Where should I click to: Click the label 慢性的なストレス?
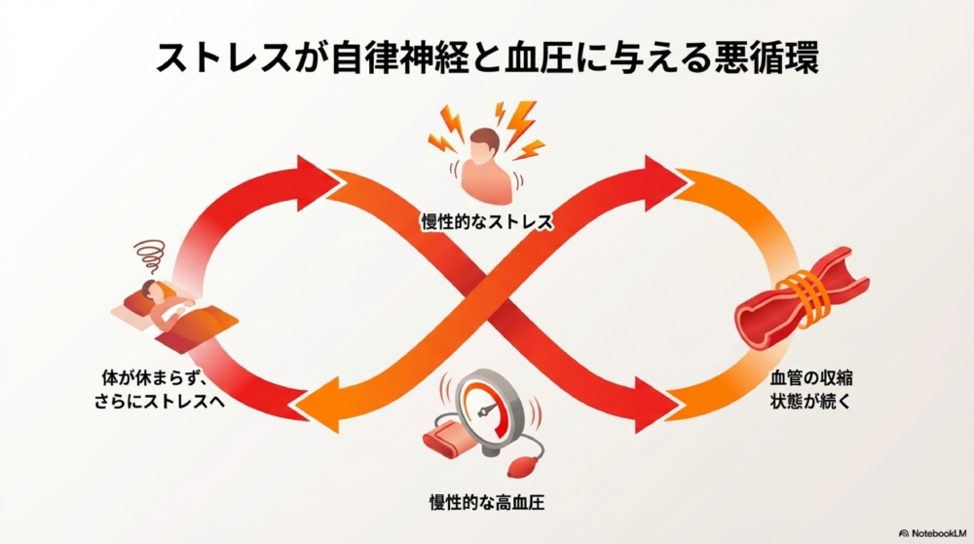point(486,223)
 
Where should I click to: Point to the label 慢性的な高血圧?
point(486,505)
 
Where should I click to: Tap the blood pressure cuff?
point(452,439)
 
